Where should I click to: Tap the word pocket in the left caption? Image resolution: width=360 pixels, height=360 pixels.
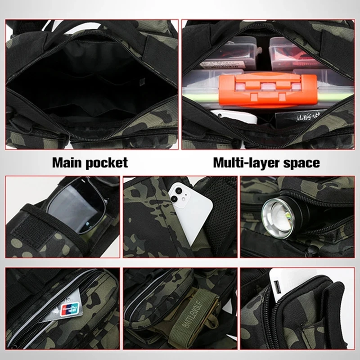pos(108,162)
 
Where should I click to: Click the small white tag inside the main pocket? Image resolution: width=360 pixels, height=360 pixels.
pos(141,82)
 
